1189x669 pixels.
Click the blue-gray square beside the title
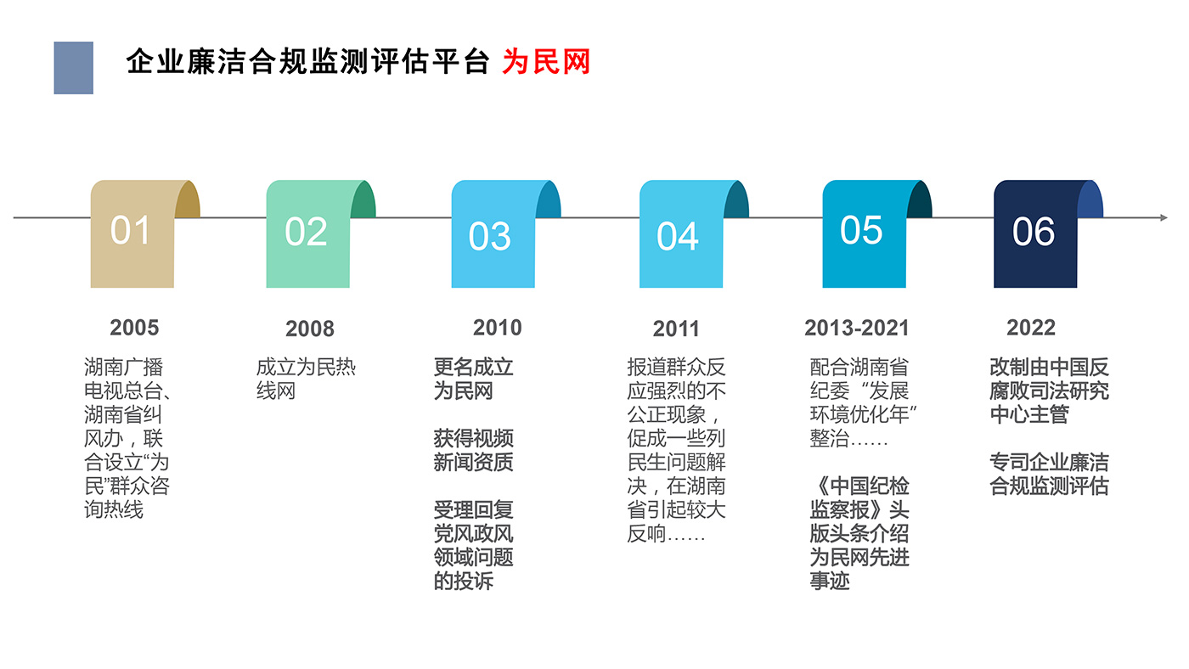coord(74,68)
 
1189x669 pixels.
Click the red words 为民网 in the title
coord(546,62)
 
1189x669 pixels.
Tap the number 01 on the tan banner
coord(130,230)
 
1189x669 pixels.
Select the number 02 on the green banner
coord(306,231)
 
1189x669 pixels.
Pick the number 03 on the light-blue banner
coord(489,236)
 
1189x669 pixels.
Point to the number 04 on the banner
coord(678,236)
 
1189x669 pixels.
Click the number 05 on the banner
coord(861,230)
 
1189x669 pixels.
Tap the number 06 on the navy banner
coord(1033,231)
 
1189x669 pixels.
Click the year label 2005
coord(134,328)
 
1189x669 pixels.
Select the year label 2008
coord(310,329)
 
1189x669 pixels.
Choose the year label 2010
coord(498,328)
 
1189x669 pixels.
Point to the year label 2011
coord(676,329)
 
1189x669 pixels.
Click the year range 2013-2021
coord(857,328)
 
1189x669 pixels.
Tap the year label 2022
coord(1031,328)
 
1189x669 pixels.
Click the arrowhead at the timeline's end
coord(1164,217)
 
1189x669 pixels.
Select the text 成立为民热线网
coord(306,379)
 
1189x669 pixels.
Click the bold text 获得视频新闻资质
coord(474,451)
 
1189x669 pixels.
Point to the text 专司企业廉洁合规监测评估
coord(1049,475)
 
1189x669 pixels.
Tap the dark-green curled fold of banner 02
coord(363,200)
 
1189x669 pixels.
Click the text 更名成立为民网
coord(474,379)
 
